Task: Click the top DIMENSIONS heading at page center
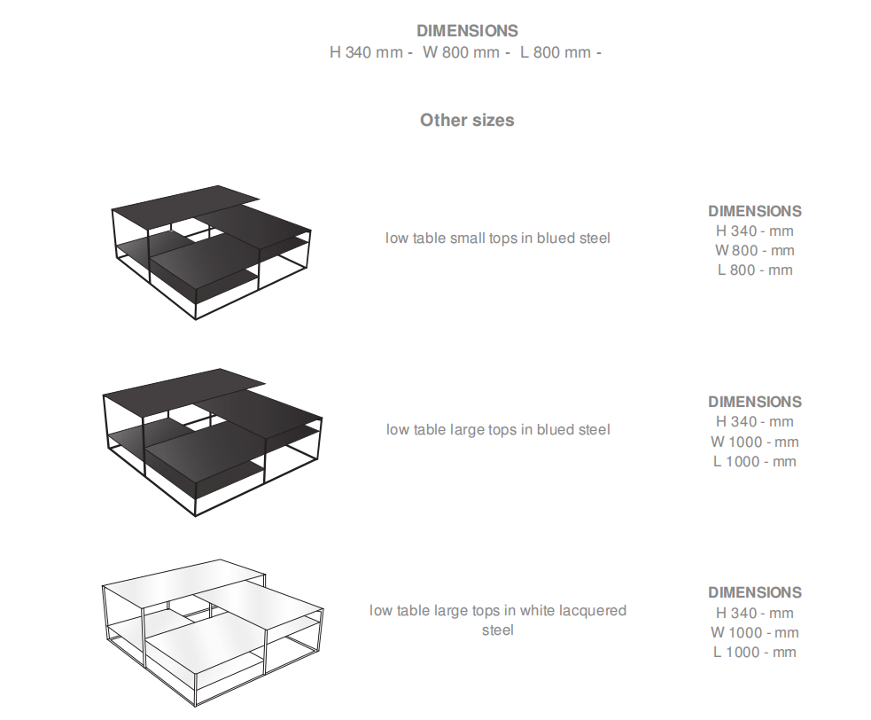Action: (x=467, y=30)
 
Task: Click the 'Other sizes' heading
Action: (x=467, y=120)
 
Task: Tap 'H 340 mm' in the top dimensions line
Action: (x=366, y=52)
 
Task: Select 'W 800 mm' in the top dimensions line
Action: (x=461, y=52)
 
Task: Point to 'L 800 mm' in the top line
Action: (x=556, y=52)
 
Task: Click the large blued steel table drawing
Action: (x=212, y=442)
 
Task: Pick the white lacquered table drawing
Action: (x=212, y=633)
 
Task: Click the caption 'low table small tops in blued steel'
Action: (x=498, y=238)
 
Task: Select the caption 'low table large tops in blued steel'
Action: (x=498, y=430)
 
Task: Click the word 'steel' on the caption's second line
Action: (x=498, y=630)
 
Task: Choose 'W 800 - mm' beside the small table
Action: (x=755, y=250)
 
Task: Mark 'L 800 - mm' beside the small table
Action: (x=755, y=270)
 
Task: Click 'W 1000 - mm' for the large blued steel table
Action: (x=755, y=442)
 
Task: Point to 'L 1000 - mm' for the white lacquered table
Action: (x=755, y=653)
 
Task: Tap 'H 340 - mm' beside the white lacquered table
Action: (x=755, y=613)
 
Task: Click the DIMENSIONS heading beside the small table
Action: (x=755, y=211)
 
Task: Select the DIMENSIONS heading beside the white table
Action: (x=755, y=592)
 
